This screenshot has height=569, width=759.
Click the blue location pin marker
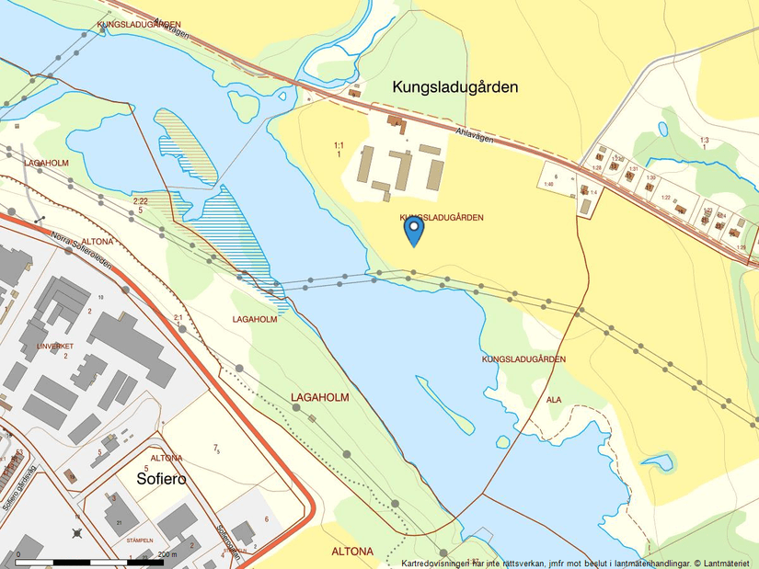tap(414, 230)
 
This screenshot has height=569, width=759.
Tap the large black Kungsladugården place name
tap(455, 87)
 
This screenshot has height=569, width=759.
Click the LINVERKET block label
tap(53, 346)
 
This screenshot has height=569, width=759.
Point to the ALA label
tap(554, 400)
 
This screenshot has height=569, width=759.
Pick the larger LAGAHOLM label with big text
tap(321, 397)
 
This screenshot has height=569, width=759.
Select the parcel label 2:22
tap(140, 201)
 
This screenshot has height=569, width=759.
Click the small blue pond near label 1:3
tap(662, 129)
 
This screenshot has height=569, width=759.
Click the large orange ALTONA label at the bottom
tap(352, 552)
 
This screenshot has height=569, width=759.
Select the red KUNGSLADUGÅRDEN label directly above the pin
tap(442, 217)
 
